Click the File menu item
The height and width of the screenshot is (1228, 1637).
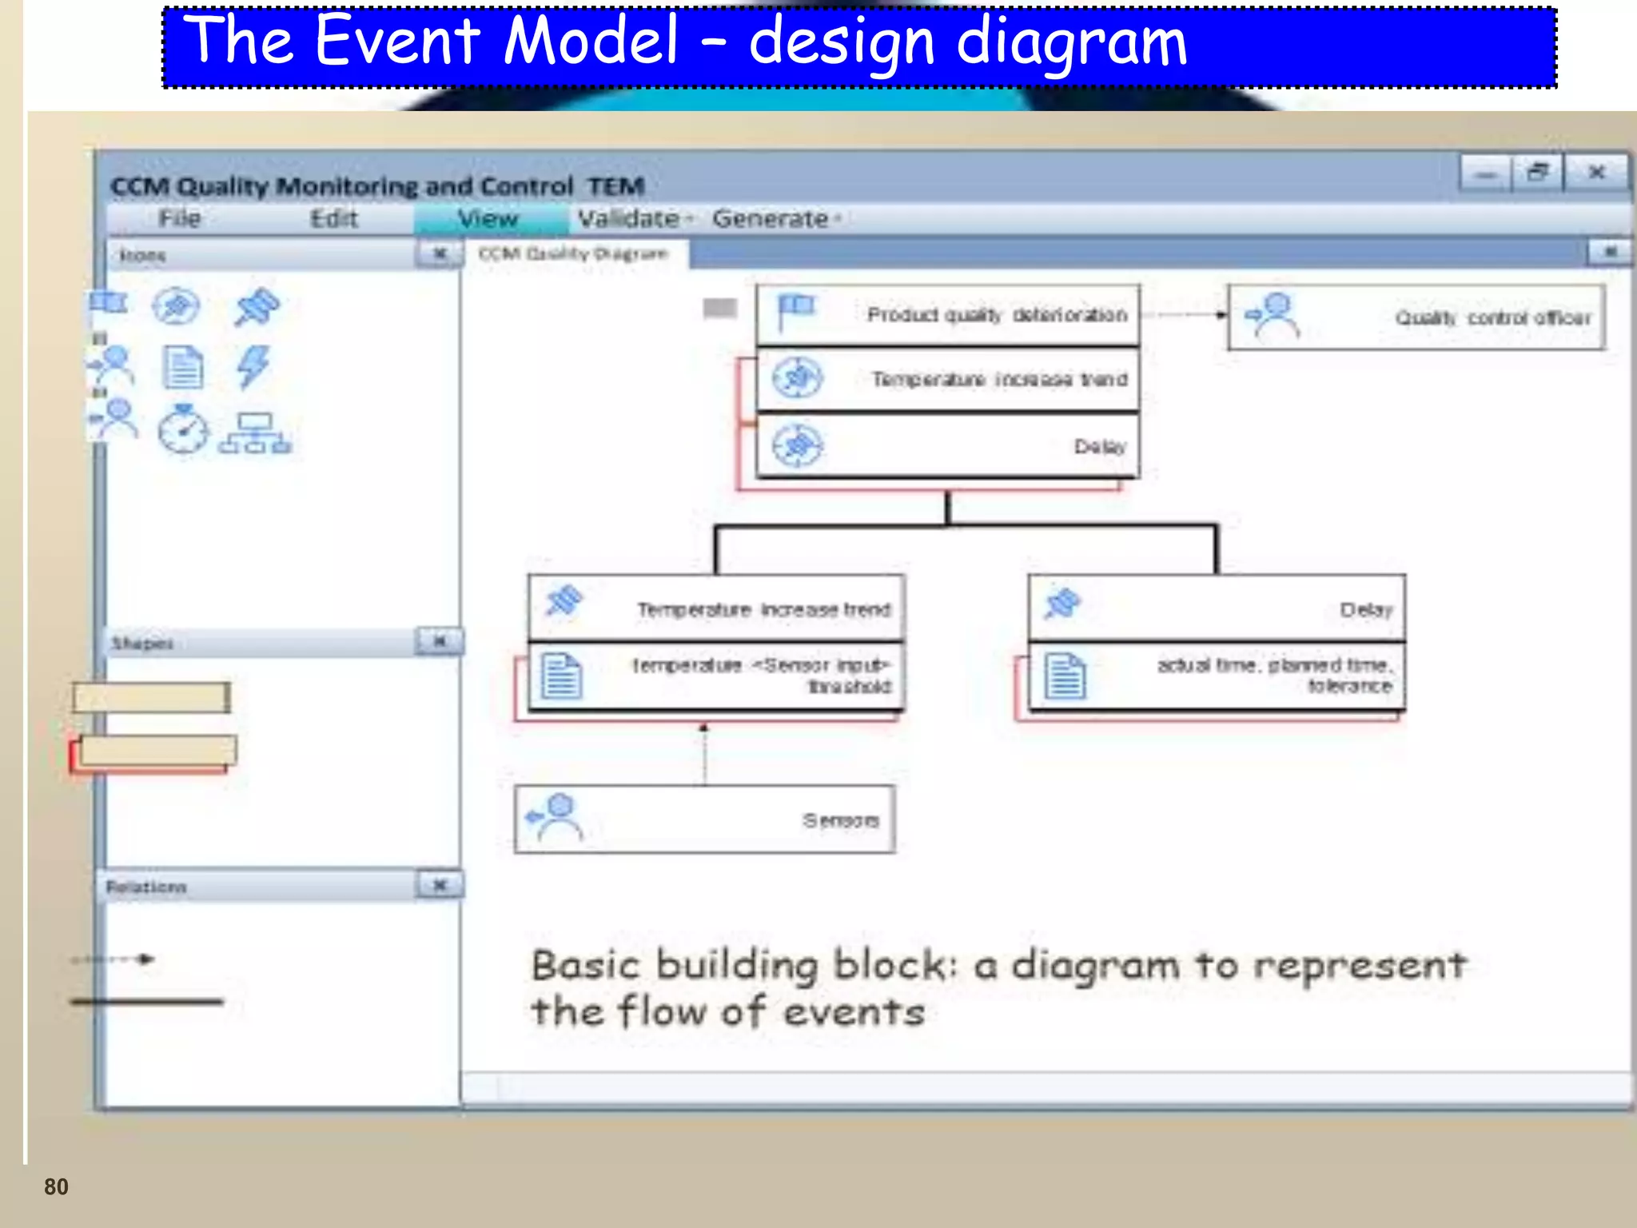coord(179,218)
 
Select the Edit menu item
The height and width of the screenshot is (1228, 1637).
coord(333,218)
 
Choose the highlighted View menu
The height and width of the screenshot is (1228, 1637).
coord(488,218)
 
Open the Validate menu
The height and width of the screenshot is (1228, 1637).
coord(631,218)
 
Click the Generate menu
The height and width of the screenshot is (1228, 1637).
coord(771,218)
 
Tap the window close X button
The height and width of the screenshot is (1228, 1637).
coord(1596,173)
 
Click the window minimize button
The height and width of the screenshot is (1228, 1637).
coord(1486,173)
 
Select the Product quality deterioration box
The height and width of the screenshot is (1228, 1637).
coord(948,315)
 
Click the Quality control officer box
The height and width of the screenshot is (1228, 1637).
coord(1416,317)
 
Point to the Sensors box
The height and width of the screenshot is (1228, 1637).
coord(704,819)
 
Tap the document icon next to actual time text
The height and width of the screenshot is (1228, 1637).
coord(1065,676)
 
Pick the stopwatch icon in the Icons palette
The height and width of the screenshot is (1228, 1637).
coord(183,430)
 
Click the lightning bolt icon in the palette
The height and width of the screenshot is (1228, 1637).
coord(254,367)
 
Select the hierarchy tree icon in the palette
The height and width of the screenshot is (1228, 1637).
coord(255,433)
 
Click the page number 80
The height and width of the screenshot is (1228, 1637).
coord(56,1186)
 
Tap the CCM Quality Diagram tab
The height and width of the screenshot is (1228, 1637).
coord(572,254)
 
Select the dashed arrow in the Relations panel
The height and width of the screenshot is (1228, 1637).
coord(112,959)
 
